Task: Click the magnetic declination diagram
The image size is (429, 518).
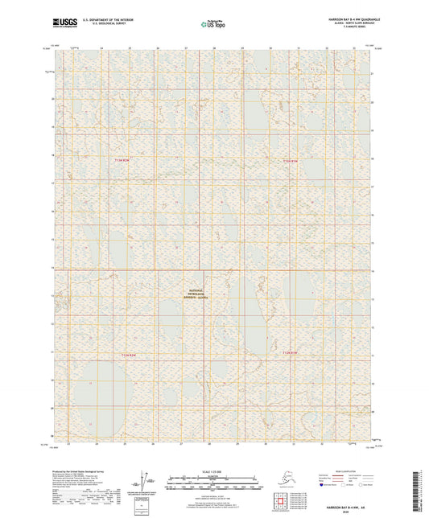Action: pyautogui.click(x=147, y=481)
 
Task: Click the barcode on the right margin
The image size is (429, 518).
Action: pyautogui.click(x=421, y=491)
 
